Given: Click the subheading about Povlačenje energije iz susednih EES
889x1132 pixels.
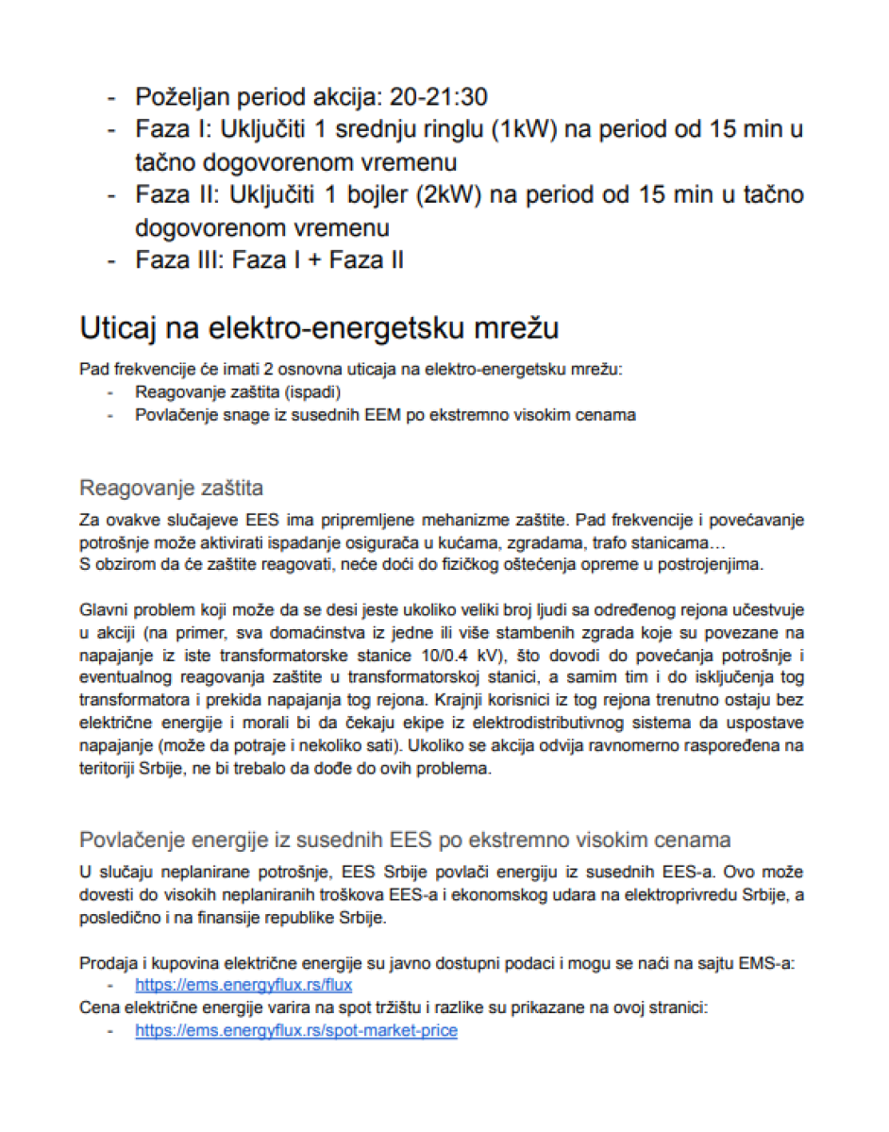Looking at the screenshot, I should pos(405,840).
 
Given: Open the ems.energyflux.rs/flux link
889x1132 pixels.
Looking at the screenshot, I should pos(243,984).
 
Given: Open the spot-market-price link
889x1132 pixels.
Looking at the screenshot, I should pos(296,1030).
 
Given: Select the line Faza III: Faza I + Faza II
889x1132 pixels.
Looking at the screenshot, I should pos(269,259).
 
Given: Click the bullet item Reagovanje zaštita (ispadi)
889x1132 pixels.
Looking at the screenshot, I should pos(237,391).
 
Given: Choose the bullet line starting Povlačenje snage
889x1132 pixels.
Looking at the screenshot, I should pos(385,414).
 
